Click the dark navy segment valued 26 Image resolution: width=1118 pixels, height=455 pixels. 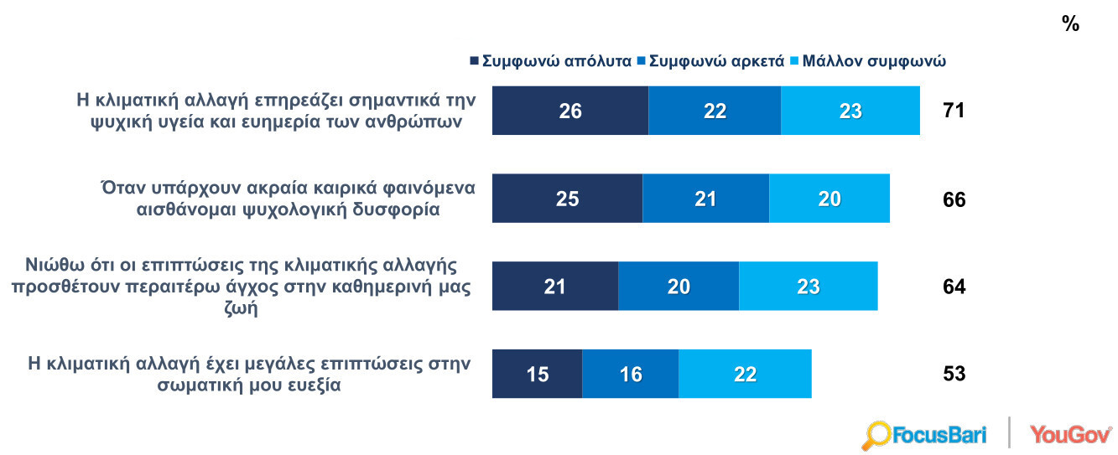tap(569, 111)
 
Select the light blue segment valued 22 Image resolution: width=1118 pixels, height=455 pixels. tap(745, 374)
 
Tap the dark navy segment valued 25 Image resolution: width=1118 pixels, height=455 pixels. tap(567, 199)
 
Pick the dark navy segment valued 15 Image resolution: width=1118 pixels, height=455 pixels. tap(537, 374)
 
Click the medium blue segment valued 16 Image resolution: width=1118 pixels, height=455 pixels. tap(630, 374)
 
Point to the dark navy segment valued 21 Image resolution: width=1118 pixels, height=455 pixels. tap(554, 286)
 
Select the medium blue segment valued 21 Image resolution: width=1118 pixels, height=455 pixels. tap(705, 199)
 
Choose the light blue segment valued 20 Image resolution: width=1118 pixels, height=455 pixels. tap(829, 199)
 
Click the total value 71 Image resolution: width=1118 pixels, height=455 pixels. tap(954, 111)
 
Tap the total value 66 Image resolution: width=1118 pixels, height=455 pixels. tap(954, 200)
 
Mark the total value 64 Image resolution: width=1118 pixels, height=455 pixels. tap(954, 287)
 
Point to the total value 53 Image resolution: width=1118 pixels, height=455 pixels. tap(954, 374)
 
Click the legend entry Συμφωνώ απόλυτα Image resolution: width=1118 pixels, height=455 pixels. tap(550, 61)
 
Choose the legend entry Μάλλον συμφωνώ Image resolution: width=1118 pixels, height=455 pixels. tap(868, 61)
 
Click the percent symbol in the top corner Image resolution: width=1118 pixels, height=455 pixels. tap(1070, 24)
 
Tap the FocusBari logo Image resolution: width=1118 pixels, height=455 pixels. tap(924, 435)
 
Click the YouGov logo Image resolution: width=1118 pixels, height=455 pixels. tap(1070, 434)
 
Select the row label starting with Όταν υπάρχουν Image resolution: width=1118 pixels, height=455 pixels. tap(288, 199)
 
